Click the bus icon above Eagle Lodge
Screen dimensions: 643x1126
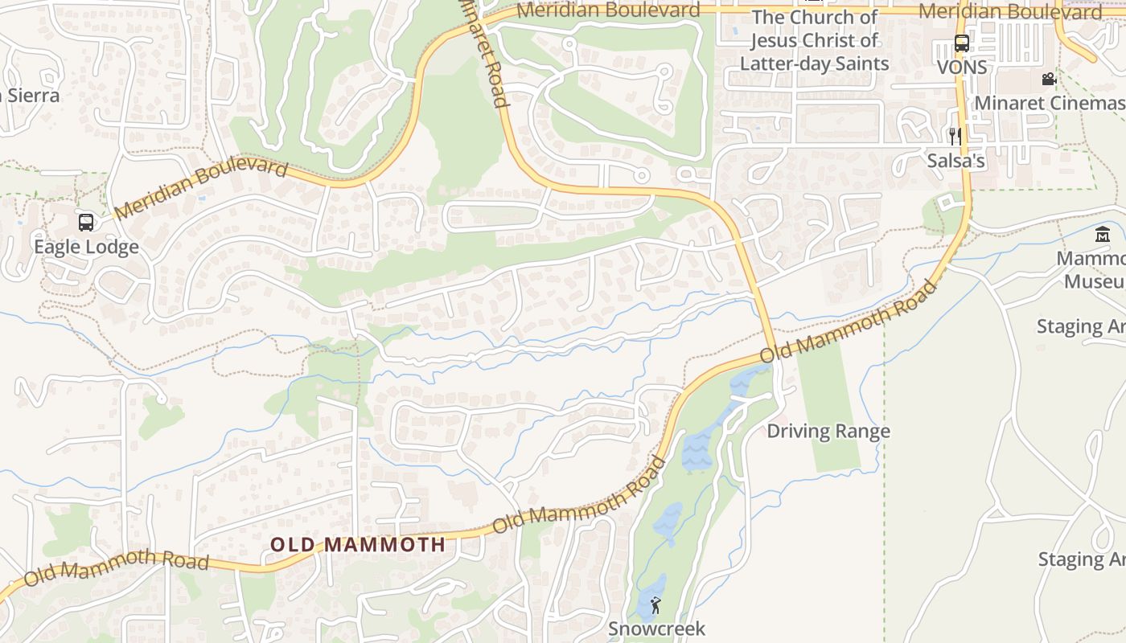86,223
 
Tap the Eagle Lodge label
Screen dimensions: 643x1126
86,246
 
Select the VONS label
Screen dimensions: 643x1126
962,68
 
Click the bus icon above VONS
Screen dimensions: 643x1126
961,43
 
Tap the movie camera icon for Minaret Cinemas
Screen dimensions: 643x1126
1049,79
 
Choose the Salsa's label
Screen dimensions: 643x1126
955,161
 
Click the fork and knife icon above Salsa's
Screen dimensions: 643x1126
955,136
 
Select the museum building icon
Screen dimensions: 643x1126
1102,235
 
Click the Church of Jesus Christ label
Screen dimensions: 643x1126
814,40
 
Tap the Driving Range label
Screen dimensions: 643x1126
828,431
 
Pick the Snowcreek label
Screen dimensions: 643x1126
656,628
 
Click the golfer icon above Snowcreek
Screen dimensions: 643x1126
655,605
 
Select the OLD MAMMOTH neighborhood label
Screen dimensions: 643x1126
358,544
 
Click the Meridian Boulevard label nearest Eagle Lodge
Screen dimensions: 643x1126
201,188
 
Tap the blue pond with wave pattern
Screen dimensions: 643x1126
696,450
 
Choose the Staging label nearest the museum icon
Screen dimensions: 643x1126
1080,326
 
